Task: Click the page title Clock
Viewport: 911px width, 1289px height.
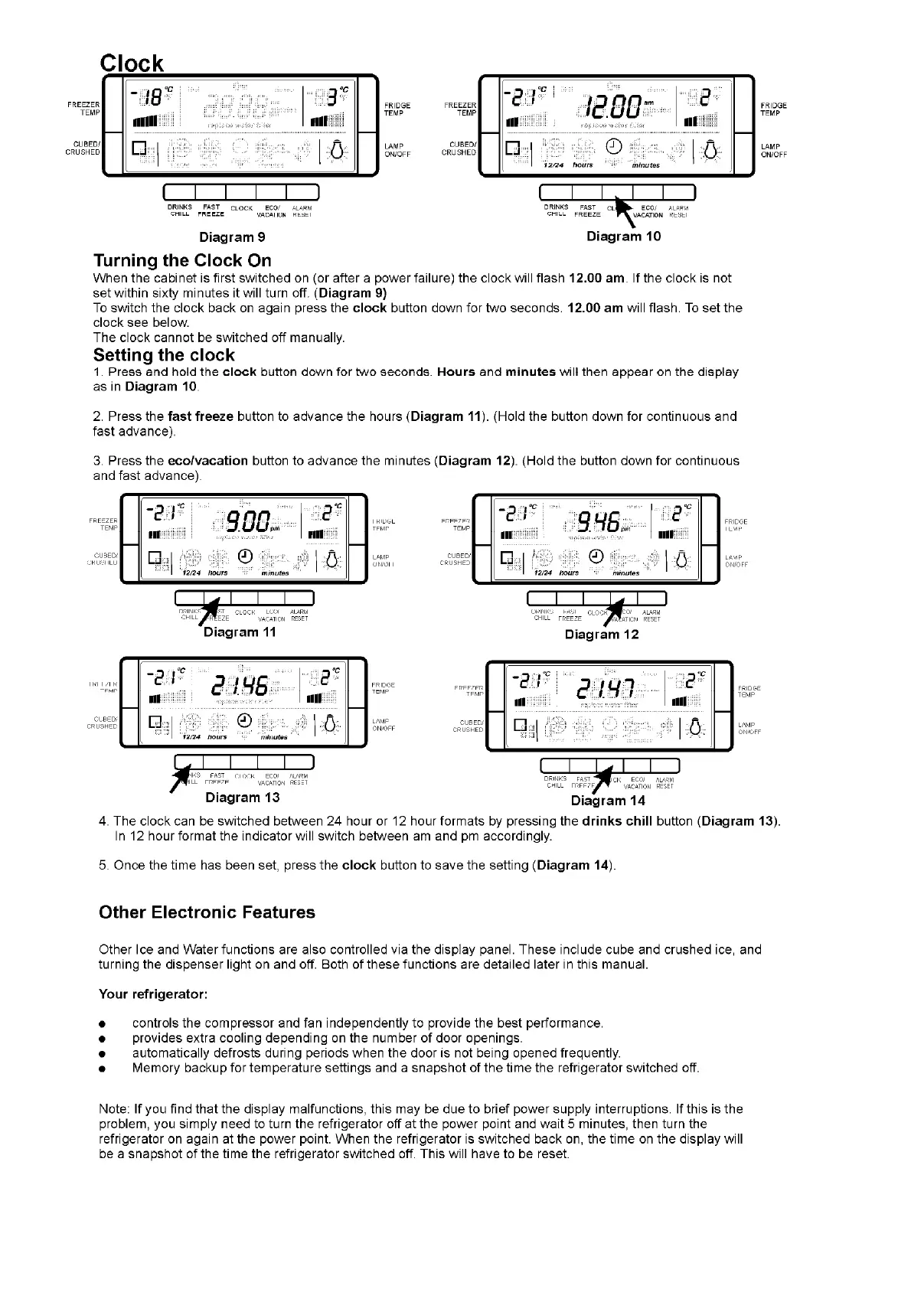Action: (132, 63)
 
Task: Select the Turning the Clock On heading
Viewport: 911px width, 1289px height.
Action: (182, 259)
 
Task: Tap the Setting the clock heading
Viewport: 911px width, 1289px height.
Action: (164, 355)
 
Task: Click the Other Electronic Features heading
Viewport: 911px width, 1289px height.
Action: (207, 912)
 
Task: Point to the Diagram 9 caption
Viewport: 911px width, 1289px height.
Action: (232, 237)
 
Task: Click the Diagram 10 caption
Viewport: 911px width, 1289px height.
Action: (623, 237)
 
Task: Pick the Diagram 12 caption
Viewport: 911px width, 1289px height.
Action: (601, 635)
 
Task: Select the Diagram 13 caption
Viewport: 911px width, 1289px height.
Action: (242, 798)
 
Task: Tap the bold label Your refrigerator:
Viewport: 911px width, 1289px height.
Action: (153, 994)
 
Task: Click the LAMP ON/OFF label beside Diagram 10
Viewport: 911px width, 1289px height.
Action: (773, 150)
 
